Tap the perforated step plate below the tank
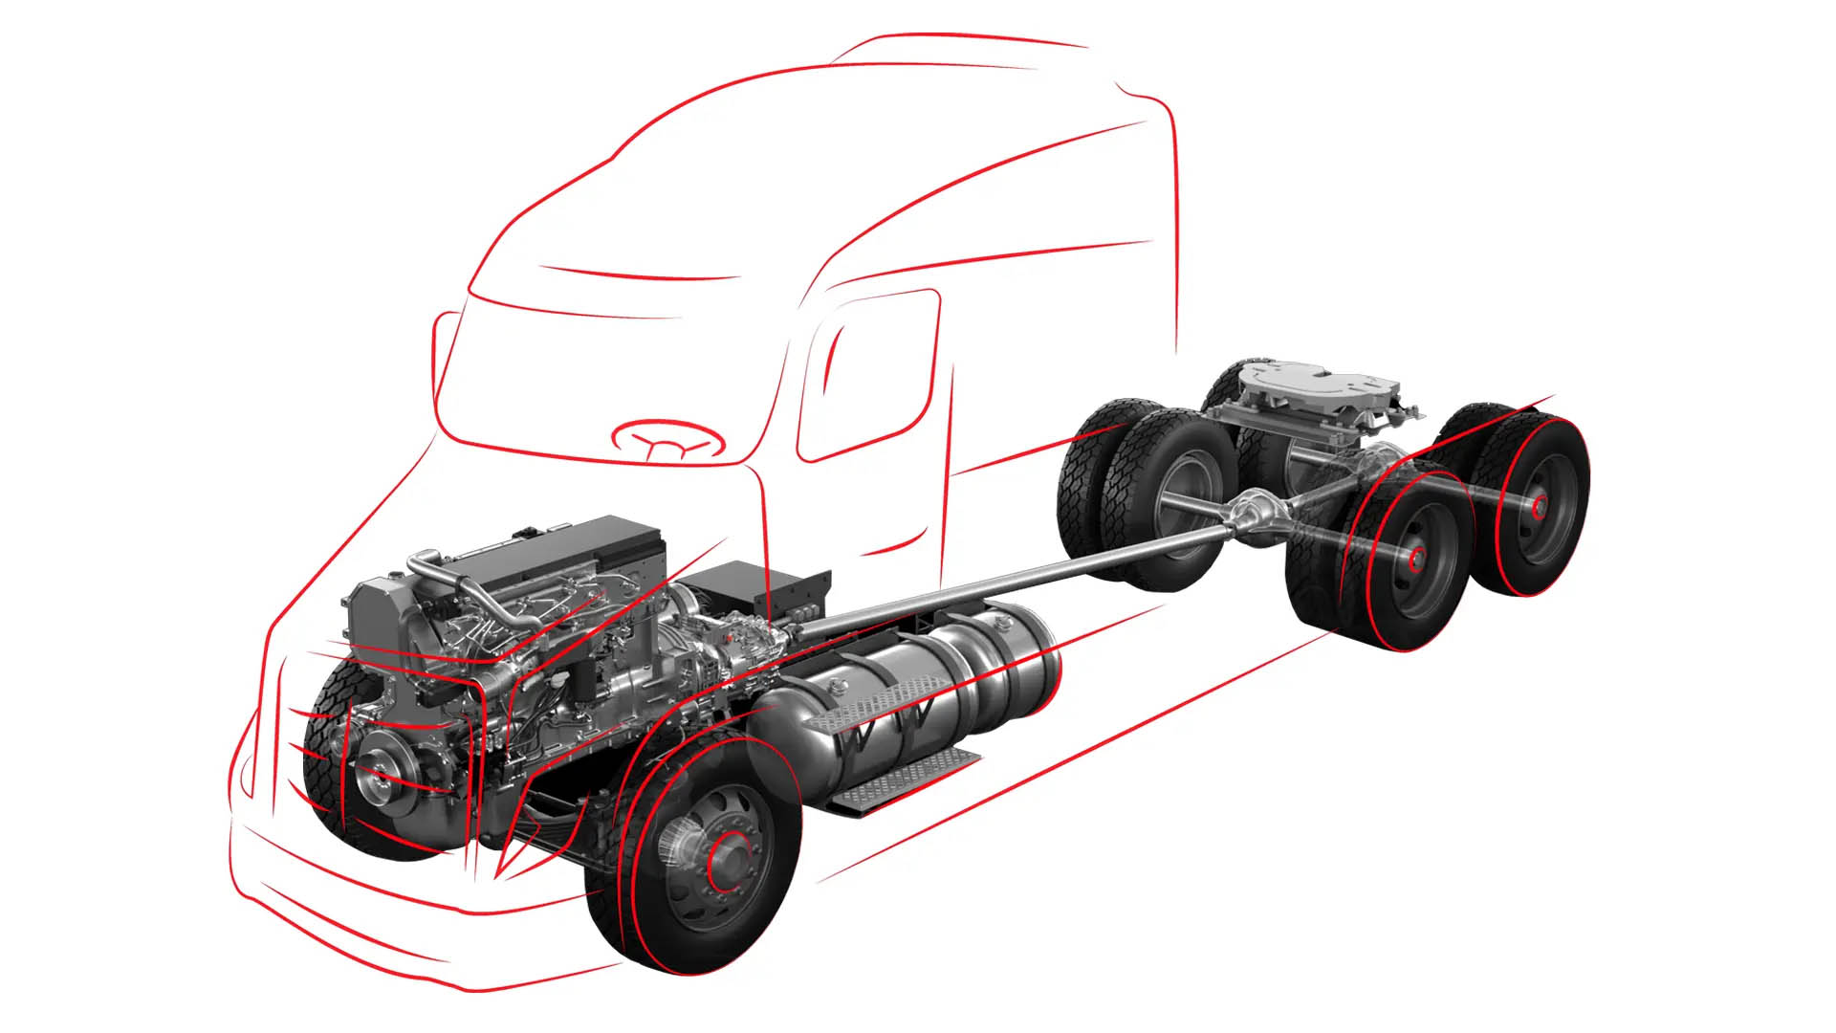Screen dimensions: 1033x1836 [904, 780]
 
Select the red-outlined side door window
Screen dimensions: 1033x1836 [865, 373]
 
